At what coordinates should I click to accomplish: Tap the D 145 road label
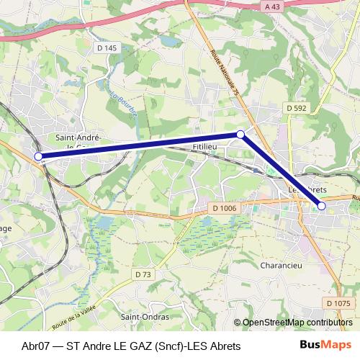pos(106,48)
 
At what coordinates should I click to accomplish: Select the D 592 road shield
pos(295,108)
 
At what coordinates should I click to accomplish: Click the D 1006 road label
pos(225,208)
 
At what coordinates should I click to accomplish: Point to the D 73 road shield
pos(143,274)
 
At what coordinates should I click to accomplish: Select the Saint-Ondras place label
pos(145,317)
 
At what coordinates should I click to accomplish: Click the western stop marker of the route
pos(38,156)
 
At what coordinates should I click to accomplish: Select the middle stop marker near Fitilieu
pos(240,135)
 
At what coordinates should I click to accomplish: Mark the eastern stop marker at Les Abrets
pos(322,207)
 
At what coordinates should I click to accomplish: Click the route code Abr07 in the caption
pos(37,345)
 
